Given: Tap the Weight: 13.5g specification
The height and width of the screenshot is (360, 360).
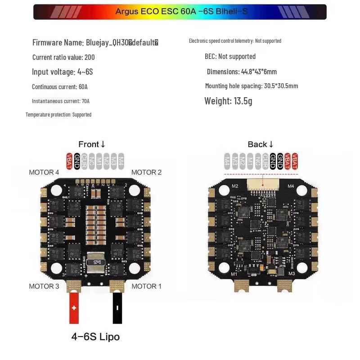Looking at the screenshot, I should (x=228, y=101).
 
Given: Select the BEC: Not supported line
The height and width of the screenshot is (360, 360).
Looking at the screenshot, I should (x=230, y=56).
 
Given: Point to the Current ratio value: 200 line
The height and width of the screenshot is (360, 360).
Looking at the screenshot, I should (x=63, y=57).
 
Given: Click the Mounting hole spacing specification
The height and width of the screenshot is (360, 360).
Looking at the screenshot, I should (x=251, y=86).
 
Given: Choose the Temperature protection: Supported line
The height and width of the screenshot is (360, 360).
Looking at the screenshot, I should (x=58, y=115).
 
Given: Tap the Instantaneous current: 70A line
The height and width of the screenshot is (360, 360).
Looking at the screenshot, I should (x=60, y=101).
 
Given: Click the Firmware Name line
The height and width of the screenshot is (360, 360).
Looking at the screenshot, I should (x=95, y=43).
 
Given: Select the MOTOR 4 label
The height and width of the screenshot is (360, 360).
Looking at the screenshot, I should (x=44, y=172).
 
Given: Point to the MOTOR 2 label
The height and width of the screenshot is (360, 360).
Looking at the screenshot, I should (x=146, y=172).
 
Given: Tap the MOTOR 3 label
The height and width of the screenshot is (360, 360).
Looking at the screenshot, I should (x=44, y=286).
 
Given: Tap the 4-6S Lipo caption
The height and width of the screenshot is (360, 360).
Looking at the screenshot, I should (x=95, y=337).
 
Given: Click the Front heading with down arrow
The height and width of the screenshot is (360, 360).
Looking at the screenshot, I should (x=92, y=144).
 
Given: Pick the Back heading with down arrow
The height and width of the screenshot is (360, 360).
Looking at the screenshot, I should (x=261, y=144).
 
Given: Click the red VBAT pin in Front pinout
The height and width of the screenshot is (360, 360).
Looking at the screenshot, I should (x=69, y=161).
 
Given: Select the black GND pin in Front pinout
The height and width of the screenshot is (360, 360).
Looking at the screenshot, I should (x=77, y=161).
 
